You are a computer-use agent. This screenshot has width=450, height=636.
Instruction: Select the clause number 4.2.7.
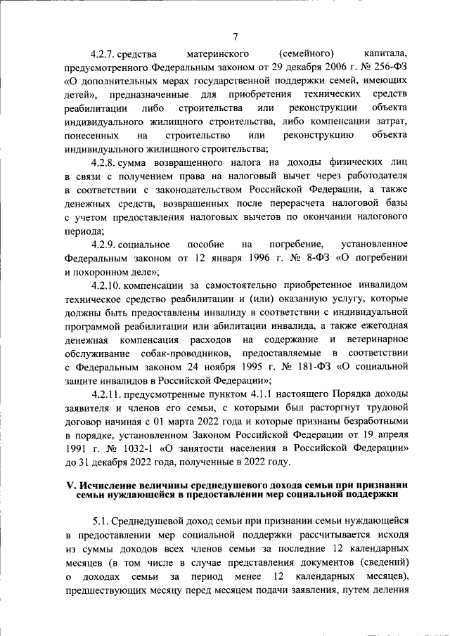click(x=104, y=53)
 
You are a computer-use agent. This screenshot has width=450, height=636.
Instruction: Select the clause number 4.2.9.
click(x=104, y=245)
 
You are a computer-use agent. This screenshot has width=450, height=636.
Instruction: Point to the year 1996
click(x=255, y=258)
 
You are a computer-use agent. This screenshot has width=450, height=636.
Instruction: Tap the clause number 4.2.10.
click(x=107, y=285)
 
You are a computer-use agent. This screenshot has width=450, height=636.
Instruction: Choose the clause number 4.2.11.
click(x=107, y=394)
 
